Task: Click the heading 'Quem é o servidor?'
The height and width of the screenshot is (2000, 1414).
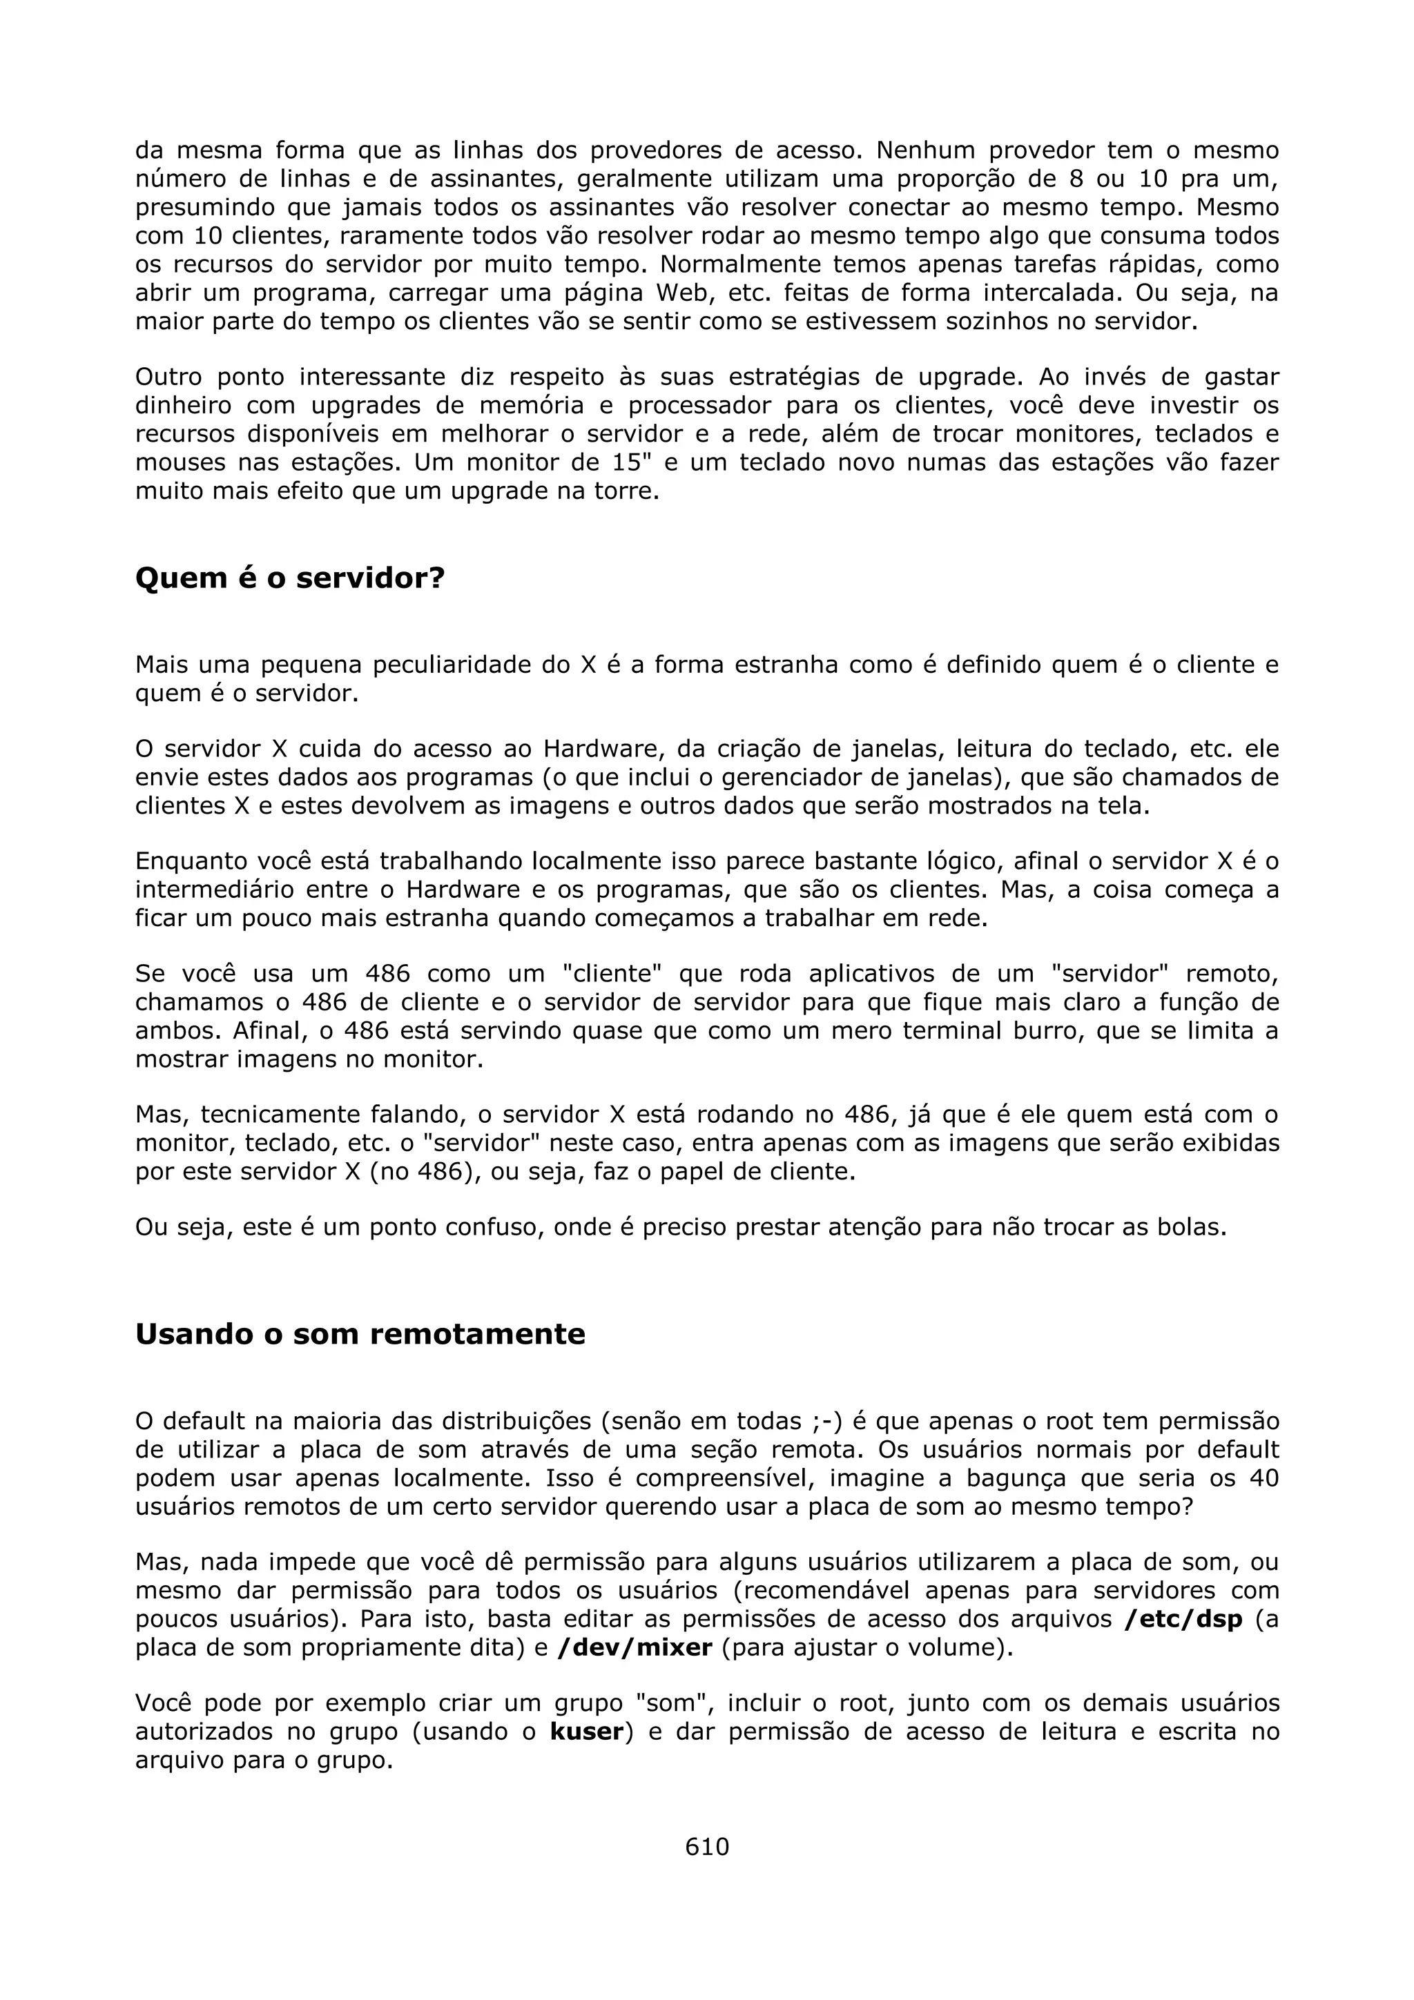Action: (x=289, y=578)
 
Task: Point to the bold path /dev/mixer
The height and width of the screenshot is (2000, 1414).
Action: (x=635, y=1648)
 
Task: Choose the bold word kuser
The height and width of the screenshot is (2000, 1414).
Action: (x=586, y=1732)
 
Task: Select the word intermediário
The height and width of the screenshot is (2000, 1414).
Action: (x=223, y=890)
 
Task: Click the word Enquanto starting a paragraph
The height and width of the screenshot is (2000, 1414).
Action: (x=190, y=861)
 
